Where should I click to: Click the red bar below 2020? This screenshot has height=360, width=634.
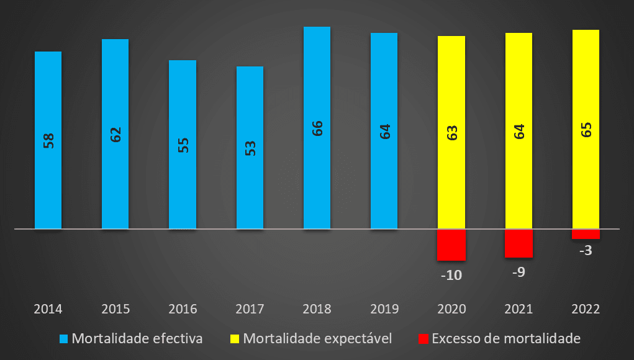[451, 245]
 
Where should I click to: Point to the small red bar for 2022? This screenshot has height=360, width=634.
[585, 234]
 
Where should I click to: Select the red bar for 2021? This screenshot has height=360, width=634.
[518, 243]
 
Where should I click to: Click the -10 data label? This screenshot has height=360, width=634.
[451, 275]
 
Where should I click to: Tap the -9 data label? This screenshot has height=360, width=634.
[518, 272]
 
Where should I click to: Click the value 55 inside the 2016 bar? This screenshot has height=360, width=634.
[183, 145]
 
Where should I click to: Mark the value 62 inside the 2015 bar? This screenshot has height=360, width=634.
[115, 135]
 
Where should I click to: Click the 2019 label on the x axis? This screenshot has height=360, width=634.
[384, 308]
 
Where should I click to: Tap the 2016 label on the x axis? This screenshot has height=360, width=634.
[183, 308]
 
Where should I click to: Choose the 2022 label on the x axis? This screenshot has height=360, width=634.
[585, 308]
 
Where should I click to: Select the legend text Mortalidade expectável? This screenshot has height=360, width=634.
[317, 339]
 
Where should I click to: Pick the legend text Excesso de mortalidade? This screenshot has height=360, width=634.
[505, 339]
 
